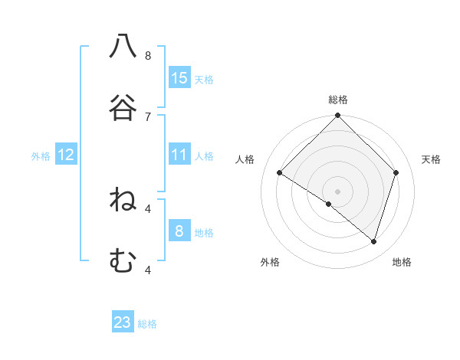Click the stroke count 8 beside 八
(148, 56)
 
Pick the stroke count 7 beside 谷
(148, 116)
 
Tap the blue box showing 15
(179, 77)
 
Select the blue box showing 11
(179, 155)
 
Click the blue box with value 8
(179, 231)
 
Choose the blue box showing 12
(66, 155)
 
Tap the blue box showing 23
(123, 322)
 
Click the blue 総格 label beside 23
(147, 324)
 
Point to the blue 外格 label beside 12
(41, 156)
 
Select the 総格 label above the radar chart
(338, 100)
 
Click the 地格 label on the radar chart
(402, 262)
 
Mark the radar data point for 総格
(338, 116)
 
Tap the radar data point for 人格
(280, 173)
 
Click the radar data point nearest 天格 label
(396, 173)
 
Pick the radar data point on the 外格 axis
(329, 204)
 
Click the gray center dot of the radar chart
(338, 191)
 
